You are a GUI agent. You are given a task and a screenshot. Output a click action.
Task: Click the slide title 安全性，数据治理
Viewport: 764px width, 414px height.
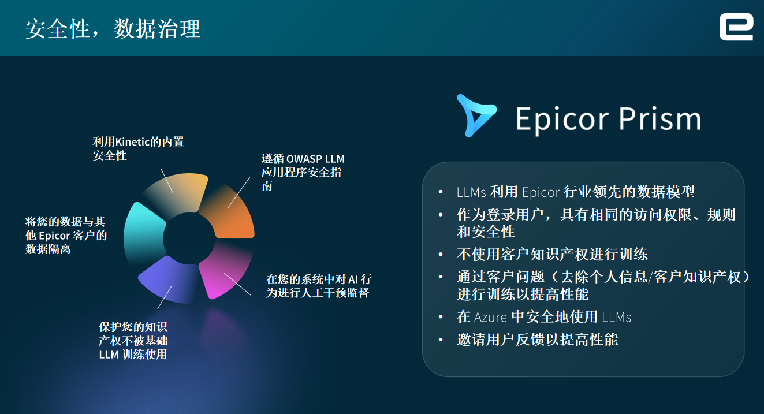[113, 29]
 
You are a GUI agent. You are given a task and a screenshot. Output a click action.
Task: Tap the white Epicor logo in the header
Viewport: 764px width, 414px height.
[736, 27]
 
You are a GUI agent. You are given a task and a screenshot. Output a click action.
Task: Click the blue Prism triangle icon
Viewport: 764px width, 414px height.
[476, 115]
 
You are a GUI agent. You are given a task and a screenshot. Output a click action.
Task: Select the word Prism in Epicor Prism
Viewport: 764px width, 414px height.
[659, 118]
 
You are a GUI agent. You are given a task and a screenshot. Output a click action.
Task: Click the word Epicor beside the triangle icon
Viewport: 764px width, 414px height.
[562, 120]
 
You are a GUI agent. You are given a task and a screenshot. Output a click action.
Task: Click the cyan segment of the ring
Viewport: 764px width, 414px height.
[143, 233]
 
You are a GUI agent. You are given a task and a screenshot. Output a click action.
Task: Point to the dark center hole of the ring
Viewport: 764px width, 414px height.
[189, 238]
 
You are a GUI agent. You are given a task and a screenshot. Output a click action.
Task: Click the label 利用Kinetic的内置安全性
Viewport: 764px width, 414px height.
[138, 149]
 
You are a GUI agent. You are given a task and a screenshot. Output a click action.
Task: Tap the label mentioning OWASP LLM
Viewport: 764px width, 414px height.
[303, 172]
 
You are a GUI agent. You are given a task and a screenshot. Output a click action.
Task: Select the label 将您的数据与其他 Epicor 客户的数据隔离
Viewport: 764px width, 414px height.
[66, 236]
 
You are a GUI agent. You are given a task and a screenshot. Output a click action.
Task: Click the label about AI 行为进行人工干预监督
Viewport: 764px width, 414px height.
[319, 286]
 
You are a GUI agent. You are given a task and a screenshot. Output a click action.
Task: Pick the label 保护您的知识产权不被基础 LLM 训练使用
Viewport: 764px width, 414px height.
[133, 340]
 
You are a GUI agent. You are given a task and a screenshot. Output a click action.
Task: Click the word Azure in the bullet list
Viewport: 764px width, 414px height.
[490, 317]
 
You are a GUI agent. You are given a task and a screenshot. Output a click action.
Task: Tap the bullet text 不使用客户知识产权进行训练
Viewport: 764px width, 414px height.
[552, 255]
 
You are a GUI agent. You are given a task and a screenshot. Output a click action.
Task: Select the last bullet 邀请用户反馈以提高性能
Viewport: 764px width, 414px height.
[537, 340]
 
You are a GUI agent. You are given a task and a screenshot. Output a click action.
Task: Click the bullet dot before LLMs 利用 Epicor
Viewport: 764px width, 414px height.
[441, 192]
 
